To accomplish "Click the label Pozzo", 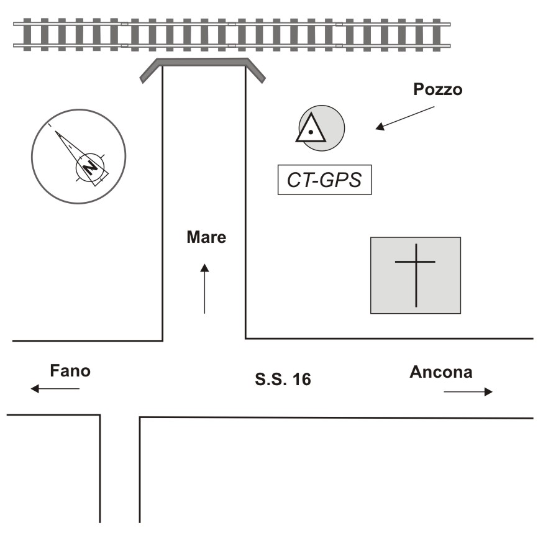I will click(438, 90).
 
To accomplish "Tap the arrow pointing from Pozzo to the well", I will click(404, 117).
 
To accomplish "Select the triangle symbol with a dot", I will click(310, 129).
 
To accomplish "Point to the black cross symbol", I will click(416, 274).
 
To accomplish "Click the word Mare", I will click(207, 237).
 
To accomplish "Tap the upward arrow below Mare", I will click(204, 288).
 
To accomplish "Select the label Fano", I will click(70, 372).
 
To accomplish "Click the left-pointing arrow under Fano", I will click(55, 389).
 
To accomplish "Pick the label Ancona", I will click(441, 372).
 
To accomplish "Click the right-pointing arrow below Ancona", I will click(468, 391).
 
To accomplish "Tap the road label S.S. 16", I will click(283, 379).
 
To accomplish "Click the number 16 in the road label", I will click(301, 379).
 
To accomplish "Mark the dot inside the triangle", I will click(309, 132).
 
